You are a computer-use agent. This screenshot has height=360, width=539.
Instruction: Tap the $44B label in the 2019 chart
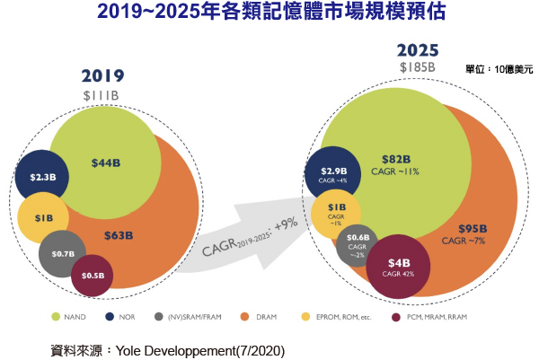105,162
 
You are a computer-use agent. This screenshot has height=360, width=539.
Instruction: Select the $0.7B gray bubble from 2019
63,254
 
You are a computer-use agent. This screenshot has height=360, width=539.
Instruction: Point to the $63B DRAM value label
118,236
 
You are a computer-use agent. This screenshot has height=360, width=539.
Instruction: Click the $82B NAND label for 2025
395,159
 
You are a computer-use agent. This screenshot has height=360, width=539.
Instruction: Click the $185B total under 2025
418,66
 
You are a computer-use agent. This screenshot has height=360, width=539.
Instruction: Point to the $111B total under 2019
102,95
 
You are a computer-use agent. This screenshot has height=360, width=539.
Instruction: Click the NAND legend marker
56,315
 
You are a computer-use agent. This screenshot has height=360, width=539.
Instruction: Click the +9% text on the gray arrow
287,221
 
